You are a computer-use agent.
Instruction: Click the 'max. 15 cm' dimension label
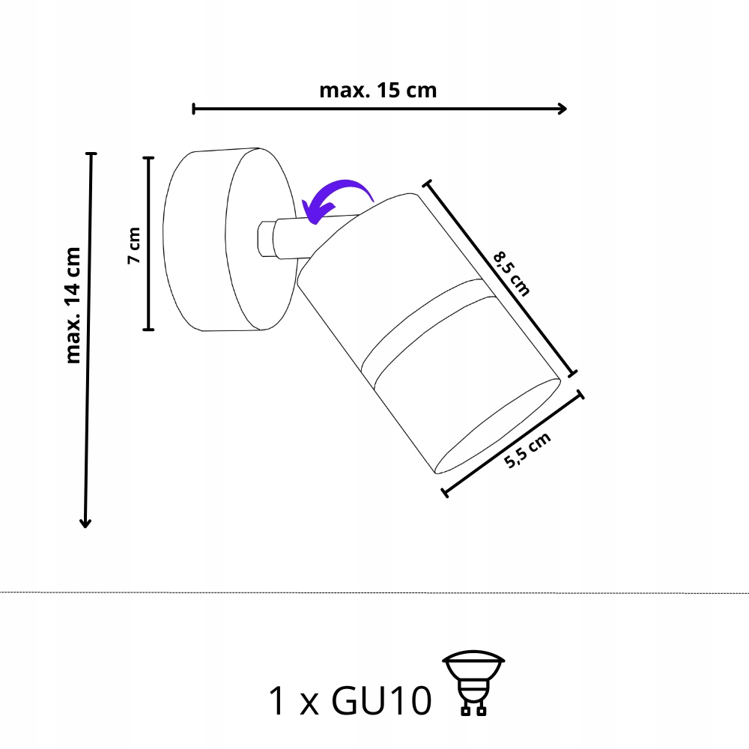click(x=377, y=91)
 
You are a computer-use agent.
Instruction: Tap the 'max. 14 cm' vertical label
click(x=73, y=305)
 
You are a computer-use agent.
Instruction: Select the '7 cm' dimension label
click(x=134, y=244)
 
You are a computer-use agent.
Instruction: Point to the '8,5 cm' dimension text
click(x=512, y=274)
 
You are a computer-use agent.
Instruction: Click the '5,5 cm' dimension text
click(x=527, y=450)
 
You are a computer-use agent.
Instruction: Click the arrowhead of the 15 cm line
click(x=562, y=109)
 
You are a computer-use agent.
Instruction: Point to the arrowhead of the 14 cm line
click(x=85, y=523)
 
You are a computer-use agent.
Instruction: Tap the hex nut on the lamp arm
click(x=265, y=239)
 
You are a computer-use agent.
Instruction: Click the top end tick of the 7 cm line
click(x=148, y=158)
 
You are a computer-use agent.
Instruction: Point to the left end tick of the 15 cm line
click(x=194, y=109)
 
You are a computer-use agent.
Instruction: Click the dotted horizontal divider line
click(x=374, y=592)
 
